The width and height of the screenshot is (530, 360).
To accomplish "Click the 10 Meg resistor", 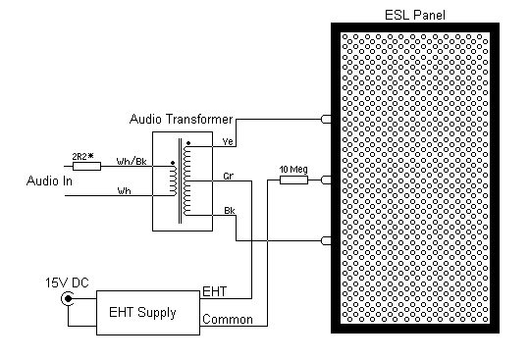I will pos(293,180).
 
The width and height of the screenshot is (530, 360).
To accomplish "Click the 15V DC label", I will pos(64,283).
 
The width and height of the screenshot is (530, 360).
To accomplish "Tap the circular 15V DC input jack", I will pos(68,300).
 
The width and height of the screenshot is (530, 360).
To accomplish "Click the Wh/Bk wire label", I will pos(132,161).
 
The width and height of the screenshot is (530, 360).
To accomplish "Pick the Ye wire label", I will pos(229,142).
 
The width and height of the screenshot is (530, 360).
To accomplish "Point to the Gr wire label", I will pos(229,178).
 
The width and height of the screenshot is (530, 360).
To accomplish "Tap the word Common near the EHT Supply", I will pos(226,319).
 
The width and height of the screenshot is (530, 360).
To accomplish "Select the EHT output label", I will pos(215,292).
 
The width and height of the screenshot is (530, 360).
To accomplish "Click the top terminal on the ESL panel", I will pos(327,120).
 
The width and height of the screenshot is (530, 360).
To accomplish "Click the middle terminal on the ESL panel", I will pos(327,180).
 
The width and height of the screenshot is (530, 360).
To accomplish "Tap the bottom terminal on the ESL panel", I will pos(327,240).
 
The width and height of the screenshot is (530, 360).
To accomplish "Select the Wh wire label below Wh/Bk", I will pos(124,190).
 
